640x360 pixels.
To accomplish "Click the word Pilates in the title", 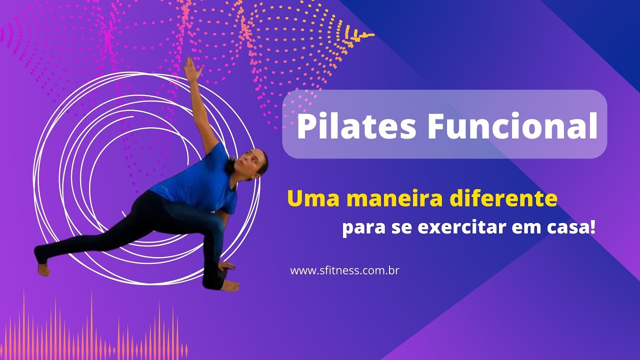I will pyautogui.click(x=356, y=127).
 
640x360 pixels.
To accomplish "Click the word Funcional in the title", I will pyautogui.click(x=512, y=127).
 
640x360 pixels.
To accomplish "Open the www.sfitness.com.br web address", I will pyautogui.click(x=344, y=271).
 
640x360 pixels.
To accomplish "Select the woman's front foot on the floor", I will pyautogui.click(x=230, y=286).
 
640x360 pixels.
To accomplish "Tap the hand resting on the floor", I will pyautogui.click(x=226, y=266).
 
